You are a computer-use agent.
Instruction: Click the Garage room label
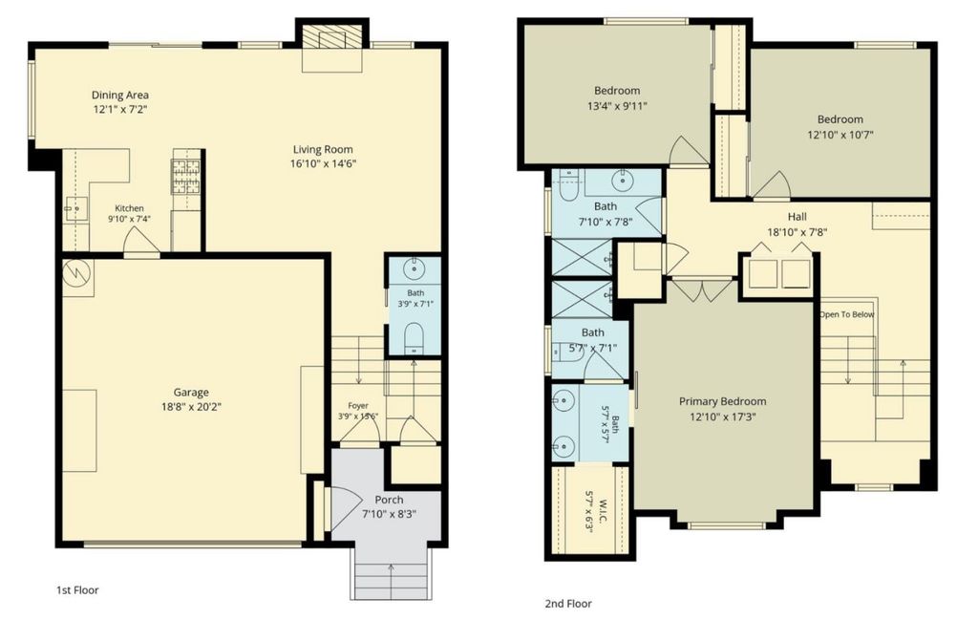[x=191, y=393]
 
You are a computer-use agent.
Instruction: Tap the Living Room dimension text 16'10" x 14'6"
[x=324, y=164]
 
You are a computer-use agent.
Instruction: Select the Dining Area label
[x=119, y=95]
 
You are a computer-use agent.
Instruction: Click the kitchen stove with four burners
[x=186, y=176]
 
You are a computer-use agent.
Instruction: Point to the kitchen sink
[x=76, y=208]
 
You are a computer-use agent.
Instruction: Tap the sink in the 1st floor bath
[x=415, y=269]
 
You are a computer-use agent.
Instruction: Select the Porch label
[x=390, y=500]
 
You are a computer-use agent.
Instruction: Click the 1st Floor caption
[x=77, y=589]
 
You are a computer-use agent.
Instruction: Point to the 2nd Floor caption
[x=568, y=604]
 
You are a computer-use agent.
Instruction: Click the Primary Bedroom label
[x=723, y=401]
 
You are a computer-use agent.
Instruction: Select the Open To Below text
[x=847, y=314]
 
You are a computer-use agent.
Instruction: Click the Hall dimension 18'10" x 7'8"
[x=797, y=232]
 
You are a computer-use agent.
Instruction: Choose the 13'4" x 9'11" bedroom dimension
[x=618, y=105]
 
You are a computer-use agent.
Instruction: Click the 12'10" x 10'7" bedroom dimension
[x=840, y=134]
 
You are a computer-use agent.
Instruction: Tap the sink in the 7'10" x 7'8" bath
[x=622, y=181]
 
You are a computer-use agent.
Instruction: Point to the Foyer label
[x=358, y=406]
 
